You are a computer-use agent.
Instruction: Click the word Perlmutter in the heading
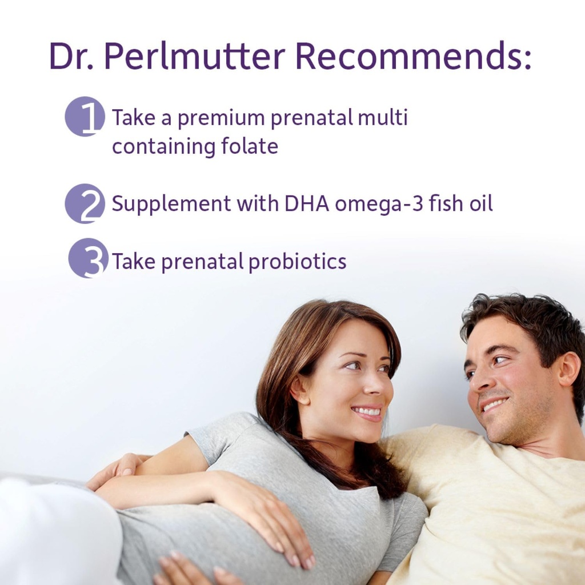coord(195,57)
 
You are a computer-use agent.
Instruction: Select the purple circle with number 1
coord(85,117)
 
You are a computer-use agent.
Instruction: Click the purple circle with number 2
coord(85,203)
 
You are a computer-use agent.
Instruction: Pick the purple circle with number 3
coord(88,258)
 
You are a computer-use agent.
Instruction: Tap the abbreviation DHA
coord(308,203)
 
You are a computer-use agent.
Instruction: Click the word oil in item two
coord(479,203)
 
